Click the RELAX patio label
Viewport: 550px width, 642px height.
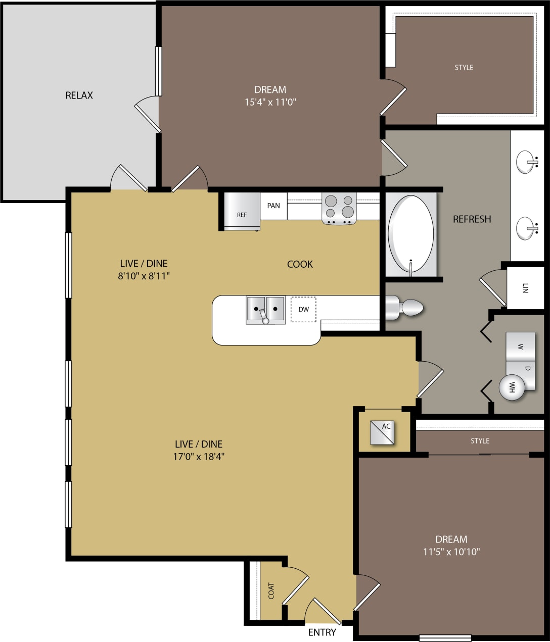[x=79, y=95]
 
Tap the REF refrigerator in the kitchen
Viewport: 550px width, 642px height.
[x=242, y=212]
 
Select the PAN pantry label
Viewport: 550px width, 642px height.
[x=273, y=206]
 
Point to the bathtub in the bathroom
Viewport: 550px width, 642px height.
[x=410, y=235]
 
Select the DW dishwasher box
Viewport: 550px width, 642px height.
[x=303, y=309]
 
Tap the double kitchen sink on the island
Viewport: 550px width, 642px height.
[x=265, y=309]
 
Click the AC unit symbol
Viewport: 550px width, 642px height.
[x=382, y=433]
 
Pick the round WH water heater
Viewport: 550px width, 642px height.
[x=512, y=387]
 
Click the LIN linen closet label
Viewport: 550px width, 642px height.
[x=525, y=288]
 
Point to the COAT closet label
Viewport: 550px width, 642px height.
[x=271, y=590]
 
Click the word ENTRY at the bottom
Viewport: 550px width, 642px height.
[x=322, y=632]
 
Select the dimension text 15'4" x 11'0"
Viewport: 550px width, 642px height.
[x=270, y=102]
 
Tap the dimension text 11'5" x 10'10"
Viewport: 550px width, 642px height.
[x=451, y=552]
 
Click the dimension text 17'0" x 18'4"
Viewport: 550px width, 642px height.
[x=199, y=457]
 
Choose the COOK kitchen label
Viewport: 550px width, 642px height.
[x=300, y=264]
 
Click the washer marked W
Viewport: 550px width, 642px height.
[x=520, y=347]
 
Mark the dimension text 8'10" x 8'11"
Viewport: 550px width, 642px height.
[x=144, y=276]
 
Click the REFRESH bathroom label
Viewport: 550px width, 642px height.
[x=472, y=219]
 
